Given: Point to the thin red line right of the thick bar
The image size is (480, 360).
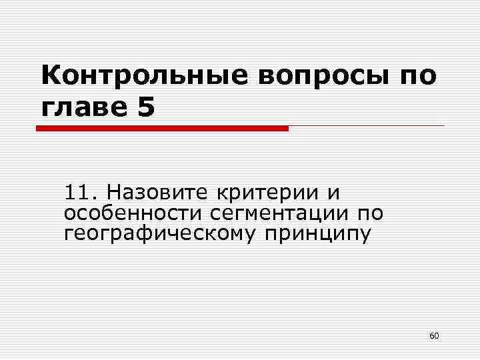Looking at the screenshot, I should (367, 125).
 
